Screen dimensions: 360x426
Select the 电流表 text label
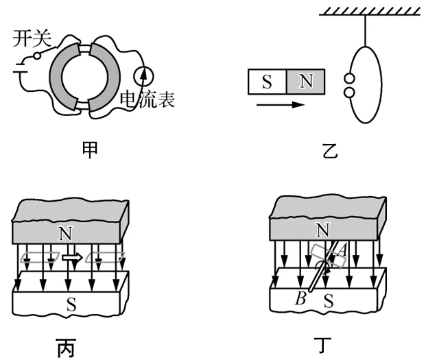point(147,100)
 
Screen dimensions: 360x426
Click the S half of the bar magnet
point(267,83)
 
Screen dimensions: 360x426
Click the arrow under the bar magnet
point(278,106)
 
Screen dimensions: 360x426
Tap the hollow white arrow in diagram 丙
point(71,258)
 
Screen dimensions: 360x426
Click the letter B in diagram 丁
point(300,298)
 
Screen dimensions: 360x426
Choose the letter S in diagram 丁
point(328,299)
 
